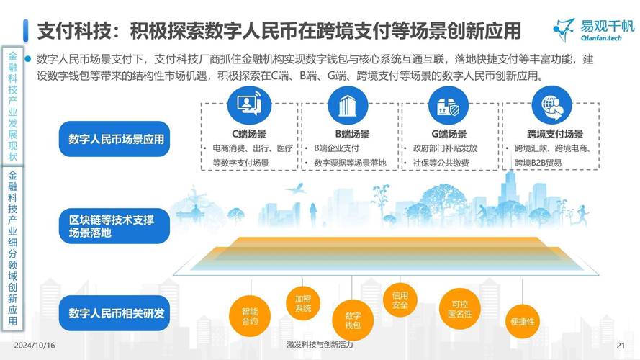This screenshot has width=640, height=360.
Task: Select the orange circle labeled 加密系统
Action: pos(303,303)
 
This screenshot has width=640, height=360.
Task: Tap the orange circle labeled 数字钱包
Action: pos(353,320)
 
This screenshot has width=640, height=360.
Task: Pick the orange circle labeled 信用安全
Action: pos(400,300)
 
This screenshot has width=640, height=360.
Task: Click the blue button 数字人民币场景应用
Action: pos(116,139)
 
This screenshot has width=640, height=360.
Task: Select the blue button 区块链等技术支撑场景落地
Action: pos(116,226)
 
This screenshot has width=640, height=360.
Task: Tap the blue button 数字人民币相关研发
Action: pos(116,313)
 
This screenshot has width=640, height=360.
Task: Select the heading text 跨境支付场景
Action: pos(554,134)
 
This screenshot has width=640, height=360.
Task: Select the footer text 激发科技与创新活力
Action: pos(320,346)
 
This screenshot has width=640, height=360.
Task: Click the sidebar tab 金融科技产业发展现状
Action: pos(13,107)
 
